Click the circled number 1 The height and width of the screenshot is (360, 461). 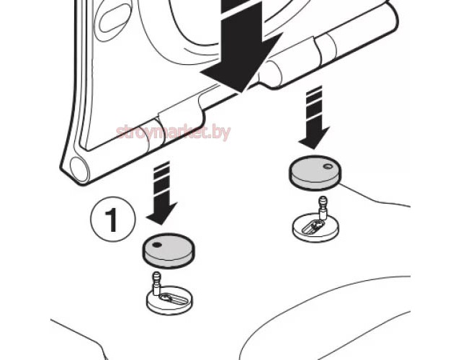coord(112,219)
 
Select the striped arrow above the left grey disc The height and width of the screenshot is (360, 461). coord(161,193)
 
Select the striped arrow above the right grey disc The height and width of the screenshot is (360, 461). coord(314,117)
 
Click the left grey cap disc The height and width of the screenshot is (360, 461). coord(169,250)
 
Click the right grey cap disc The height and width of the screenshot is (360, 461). coord(315,172)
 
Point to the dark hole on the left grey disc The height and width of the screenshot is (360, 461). coord(157,245)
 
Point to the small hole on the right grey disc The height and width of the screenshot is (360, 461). coord(327,166)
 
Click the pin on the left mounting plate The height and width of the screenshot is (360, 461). coord(156,283)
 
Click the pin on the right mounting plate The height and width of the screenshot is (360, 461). coord(323,207)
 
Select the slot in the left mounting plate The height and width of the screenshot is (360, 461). coord(173,299)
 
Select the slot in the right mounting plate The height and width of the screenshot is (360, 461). coord(313,226)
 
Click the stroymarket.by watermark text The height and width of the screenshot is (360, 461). coord(174,133)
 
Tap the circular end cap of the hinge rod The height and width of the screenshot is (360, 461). coord(79,170)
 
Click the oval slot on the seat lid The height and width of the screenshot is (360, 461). coord(115,17)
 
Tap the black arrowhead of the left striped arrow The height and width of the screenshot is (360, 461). coord(161,213)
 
